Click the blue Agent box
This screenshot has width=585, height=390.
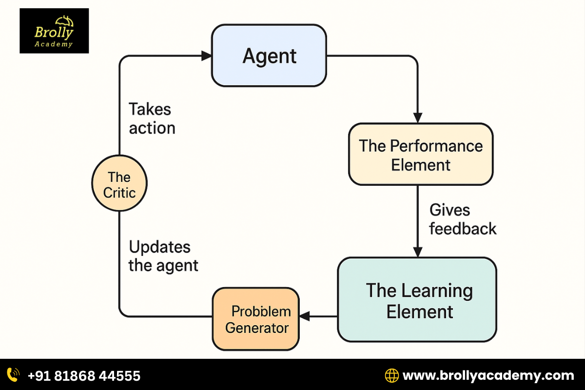pyautogui.click(x=269, y=56)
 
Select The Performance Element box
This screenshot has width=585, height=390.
pyautogui.click(x=420, y=154)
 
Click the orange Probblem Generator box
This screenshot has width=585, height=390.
pyautogui.click(x=255, y=319)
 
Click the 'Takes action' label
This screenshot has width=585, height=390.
pyautogui.click(x=152, y=118)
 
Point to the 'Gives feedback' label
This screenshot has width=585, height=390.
pyautogui.click(x=462, y=219)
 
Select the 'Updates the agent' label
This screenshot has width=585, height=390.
pyautogui.click(x=163, y=256)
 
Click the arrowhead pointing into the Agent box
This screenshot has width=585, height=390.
pyautogui.click(x=206, y=56)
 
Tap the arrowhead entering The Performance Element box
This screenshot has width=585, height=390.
pyautogui.click(x=417, y=117)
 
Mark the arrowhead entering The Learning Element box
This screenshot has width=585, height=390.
pyautogui.click(x=417, y=252)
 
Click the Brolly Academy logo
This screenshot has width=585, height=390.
pyautogui.click(x=54, y=31)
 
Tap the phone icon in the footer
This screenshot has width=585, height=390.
pyautogui.click(x=13, y=375)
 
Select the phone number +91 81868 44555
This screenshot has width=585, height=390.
pyautogui.click(x=84, y=375)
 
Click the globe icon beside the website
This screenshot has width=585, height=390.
pyautogui.click(x=391, y=375)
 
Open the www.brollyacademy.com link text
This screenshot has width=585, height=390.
pyautogui.click(x=488, y=375)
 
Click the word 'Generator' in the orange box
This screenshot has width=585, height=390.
pyautogui.click(x=257, y=328)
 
